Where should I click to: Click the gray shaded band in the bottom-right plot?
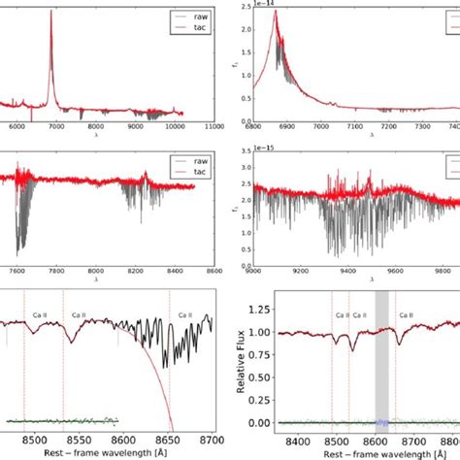(381, 359)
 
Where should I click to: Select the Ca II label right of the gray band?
(403, 315)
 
